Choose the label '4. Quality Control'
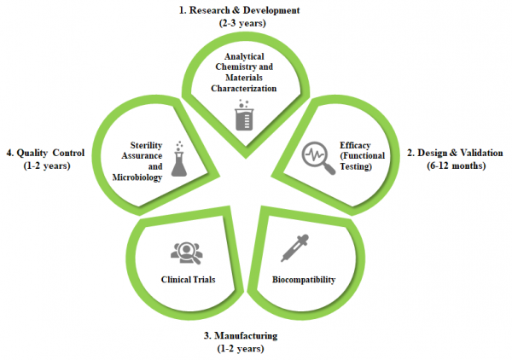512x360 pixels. point(45,153)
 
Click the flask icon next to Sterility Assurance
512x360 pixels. point(178,159)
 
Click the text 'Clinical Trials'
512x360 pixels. point(187,279)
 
